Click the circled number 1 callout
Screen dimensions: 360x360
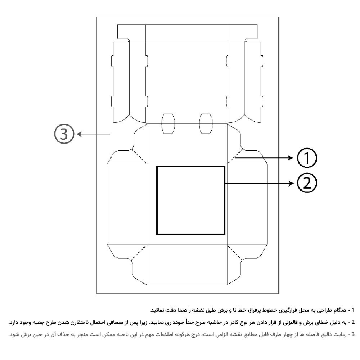[307, 158]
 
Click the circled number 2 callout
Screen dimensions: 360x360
[307, 183]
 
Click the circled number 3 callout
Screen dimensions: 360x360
[64, 134]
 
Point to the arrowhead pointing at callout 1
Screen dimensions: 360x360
[291, 158]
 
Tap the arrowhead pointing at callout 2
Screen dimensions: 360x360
[291, 183]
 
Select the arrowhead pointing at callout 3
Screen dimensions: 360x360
[79, 134]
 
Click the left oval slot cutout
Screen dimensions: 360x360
[168, 123]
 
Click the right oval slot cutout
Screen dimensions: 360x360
[206, 123]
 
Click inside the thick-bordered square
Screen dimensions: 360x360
[190, 200]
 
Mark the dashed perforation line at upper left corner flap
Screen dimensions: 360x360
[139, 156]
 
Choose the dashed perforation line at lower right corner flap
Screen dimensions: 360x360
[235, 253]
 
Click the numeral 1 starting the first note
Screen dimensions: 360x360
[353, 310]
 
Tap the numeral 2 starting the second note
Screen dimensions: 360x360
[353, 322]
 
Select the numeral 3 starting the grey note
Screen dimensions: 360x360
[353, 334]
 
